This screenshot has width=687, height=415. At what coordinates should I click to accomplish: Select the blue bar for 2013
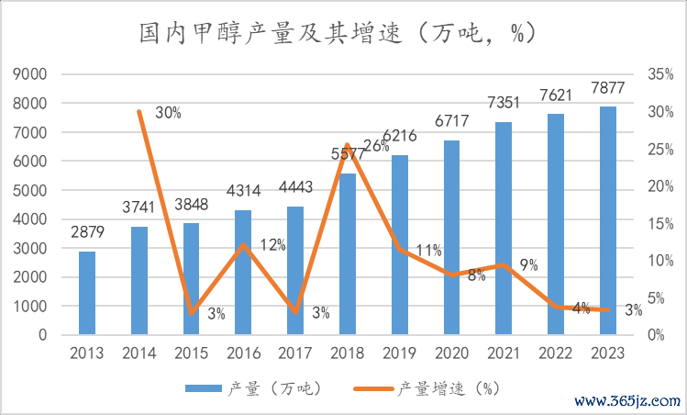tap(87, 293)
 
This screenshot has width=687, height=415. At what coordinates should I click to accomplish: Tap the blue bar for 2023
tap(608, 220)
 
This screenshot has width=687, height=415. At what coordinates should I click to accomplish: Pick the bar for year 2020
tap(451, 238)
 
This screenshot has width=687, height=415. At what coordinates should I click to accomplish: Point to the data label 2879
tap(86, 233)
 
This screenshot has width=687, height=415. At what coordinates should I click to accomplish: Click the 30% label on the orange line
tap(167, 113)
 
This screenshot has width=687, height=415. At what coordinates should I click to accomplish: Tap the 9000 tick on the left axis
tap(29, 74)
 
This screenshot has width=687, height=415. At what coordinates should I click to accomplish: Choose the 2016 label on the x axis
tap(243, 353)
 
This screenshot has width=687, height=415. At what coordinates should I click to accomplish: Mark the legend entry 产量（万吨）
tap(252, 388)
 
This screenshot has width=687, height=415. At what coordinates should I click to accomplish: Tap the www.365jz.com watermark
tap(627, 402)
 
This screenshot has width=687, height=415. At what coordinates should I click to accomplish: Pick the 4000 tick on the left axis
tap(29, 219)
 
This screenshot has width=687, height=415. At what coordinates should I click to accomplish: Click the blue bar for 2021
tap(504, 229)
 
